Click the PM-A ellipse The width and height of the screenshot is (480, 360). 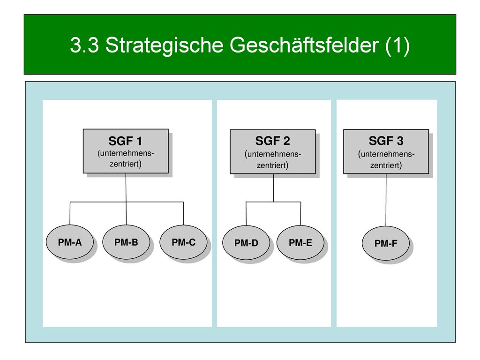(x=70, y=242)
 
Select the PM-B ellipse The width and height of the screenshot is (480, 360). (x=126, y=242)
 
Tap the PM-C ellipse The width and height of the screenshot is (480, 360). (x=183, y=242)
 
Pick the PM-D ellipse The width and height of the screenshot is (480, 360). (x=246, y=243)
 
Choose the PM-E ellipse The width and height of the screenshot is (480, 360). (x=300, y=243)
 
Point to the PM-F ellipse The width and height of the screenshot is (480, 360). (x=386, y=243)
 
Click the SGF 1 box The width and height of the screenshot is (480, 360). (x=126, y=151)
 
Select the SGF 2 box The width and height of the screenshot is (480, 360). (x=273, y=152)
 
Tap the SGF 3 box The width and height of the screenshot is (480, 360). (x=386, y=152)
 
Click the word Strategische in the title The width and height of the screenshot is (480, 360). (x=165, y=45)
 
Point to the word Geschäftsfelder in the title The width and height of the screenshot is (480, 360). (x=304, y=45)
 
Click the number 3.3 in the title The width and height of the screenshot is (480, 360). (x=84, y=45)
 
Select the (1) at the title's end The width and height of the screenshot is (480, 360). (x=397, y=45)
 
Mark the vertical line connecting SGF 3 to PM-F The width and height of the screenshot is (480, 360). (x=386, y=200)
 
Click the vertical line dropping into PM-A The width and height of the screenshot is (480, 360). (x=70, y=213)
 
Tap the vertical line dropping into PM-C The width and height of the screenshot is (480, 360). (x=183, y=213)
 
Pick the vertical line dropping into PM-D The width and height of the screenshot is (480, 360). (x=246, y=214)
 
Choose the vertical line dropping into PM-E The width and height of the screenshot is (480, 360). (x=300, y=214)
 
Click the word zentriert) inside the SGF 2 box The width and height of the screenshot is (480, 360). (x=272, y=165)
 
